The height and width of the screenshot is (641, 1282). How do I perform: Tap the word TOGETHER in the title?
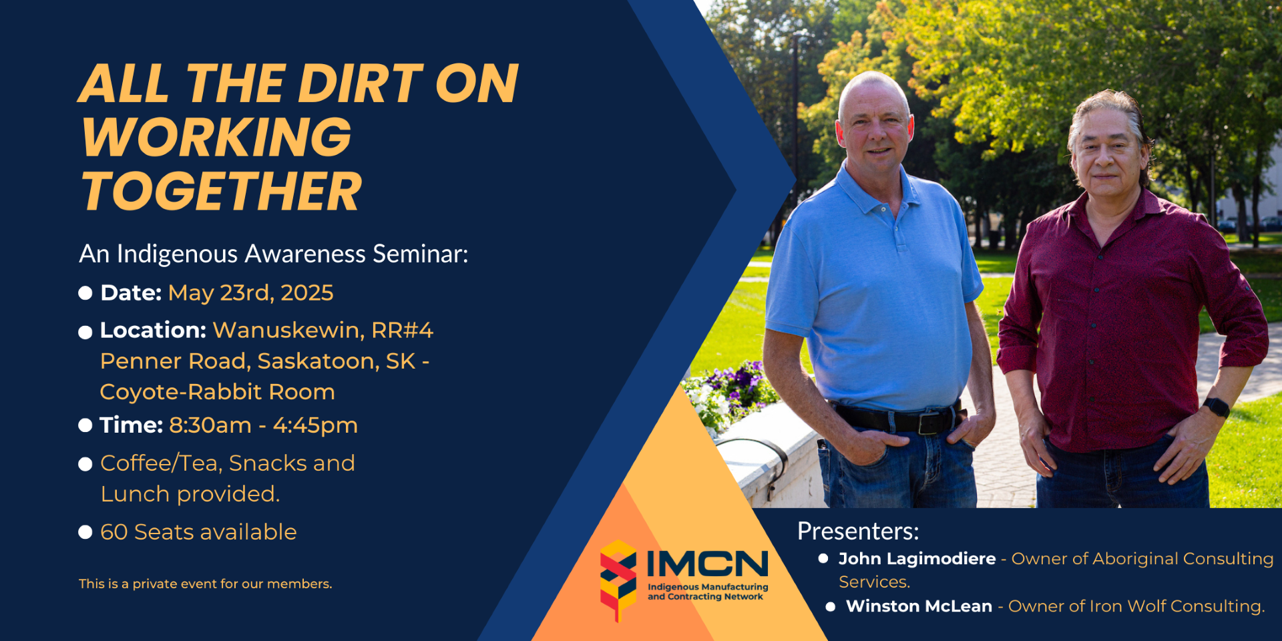[x=222, y=192]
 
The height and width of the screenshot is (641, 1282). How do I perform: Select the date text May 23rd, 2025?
[x=250, y=293]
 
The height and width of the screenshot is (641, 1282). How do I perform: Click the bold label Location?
[x=154, y=330]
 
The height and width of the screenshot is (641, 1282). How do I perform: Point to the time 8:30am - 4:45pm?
[x=263, y=425]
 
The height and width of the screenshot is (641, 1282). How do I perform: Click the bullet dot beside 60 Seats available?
[x=85, y=532]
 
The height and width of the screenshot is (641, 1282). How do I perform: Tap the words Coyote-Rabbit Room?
[x=217, y=392]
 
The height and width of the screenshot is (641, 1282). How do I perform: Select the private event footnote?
[x=205, y=584]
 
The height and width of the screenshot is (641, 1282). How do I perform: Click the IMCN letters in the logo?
[x=708, y=564]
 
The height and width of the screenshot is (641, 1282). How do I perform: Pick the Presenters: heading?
[x=858, y=531]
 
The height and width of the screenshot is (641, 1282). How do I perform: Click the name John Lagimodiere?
[x=917, y=559]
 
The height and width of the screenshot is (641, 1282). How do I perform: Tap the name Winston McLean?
[x=919, y=606]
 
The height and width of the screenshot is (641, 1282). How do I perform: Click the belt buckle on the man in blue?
[x=929, y=423]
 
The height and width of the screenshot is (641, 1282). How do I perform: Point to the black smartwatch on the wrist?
[x=1217, y=407]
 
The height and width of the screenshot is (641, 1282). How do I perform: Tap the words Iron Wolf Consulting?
[x=1177, y=606]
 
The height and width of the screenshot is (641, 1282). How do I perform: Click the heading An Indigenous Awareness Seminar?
[x=274, y=254]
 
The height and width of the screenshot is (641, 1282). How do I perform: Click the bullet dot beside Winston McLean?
[x=831, y=607]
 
